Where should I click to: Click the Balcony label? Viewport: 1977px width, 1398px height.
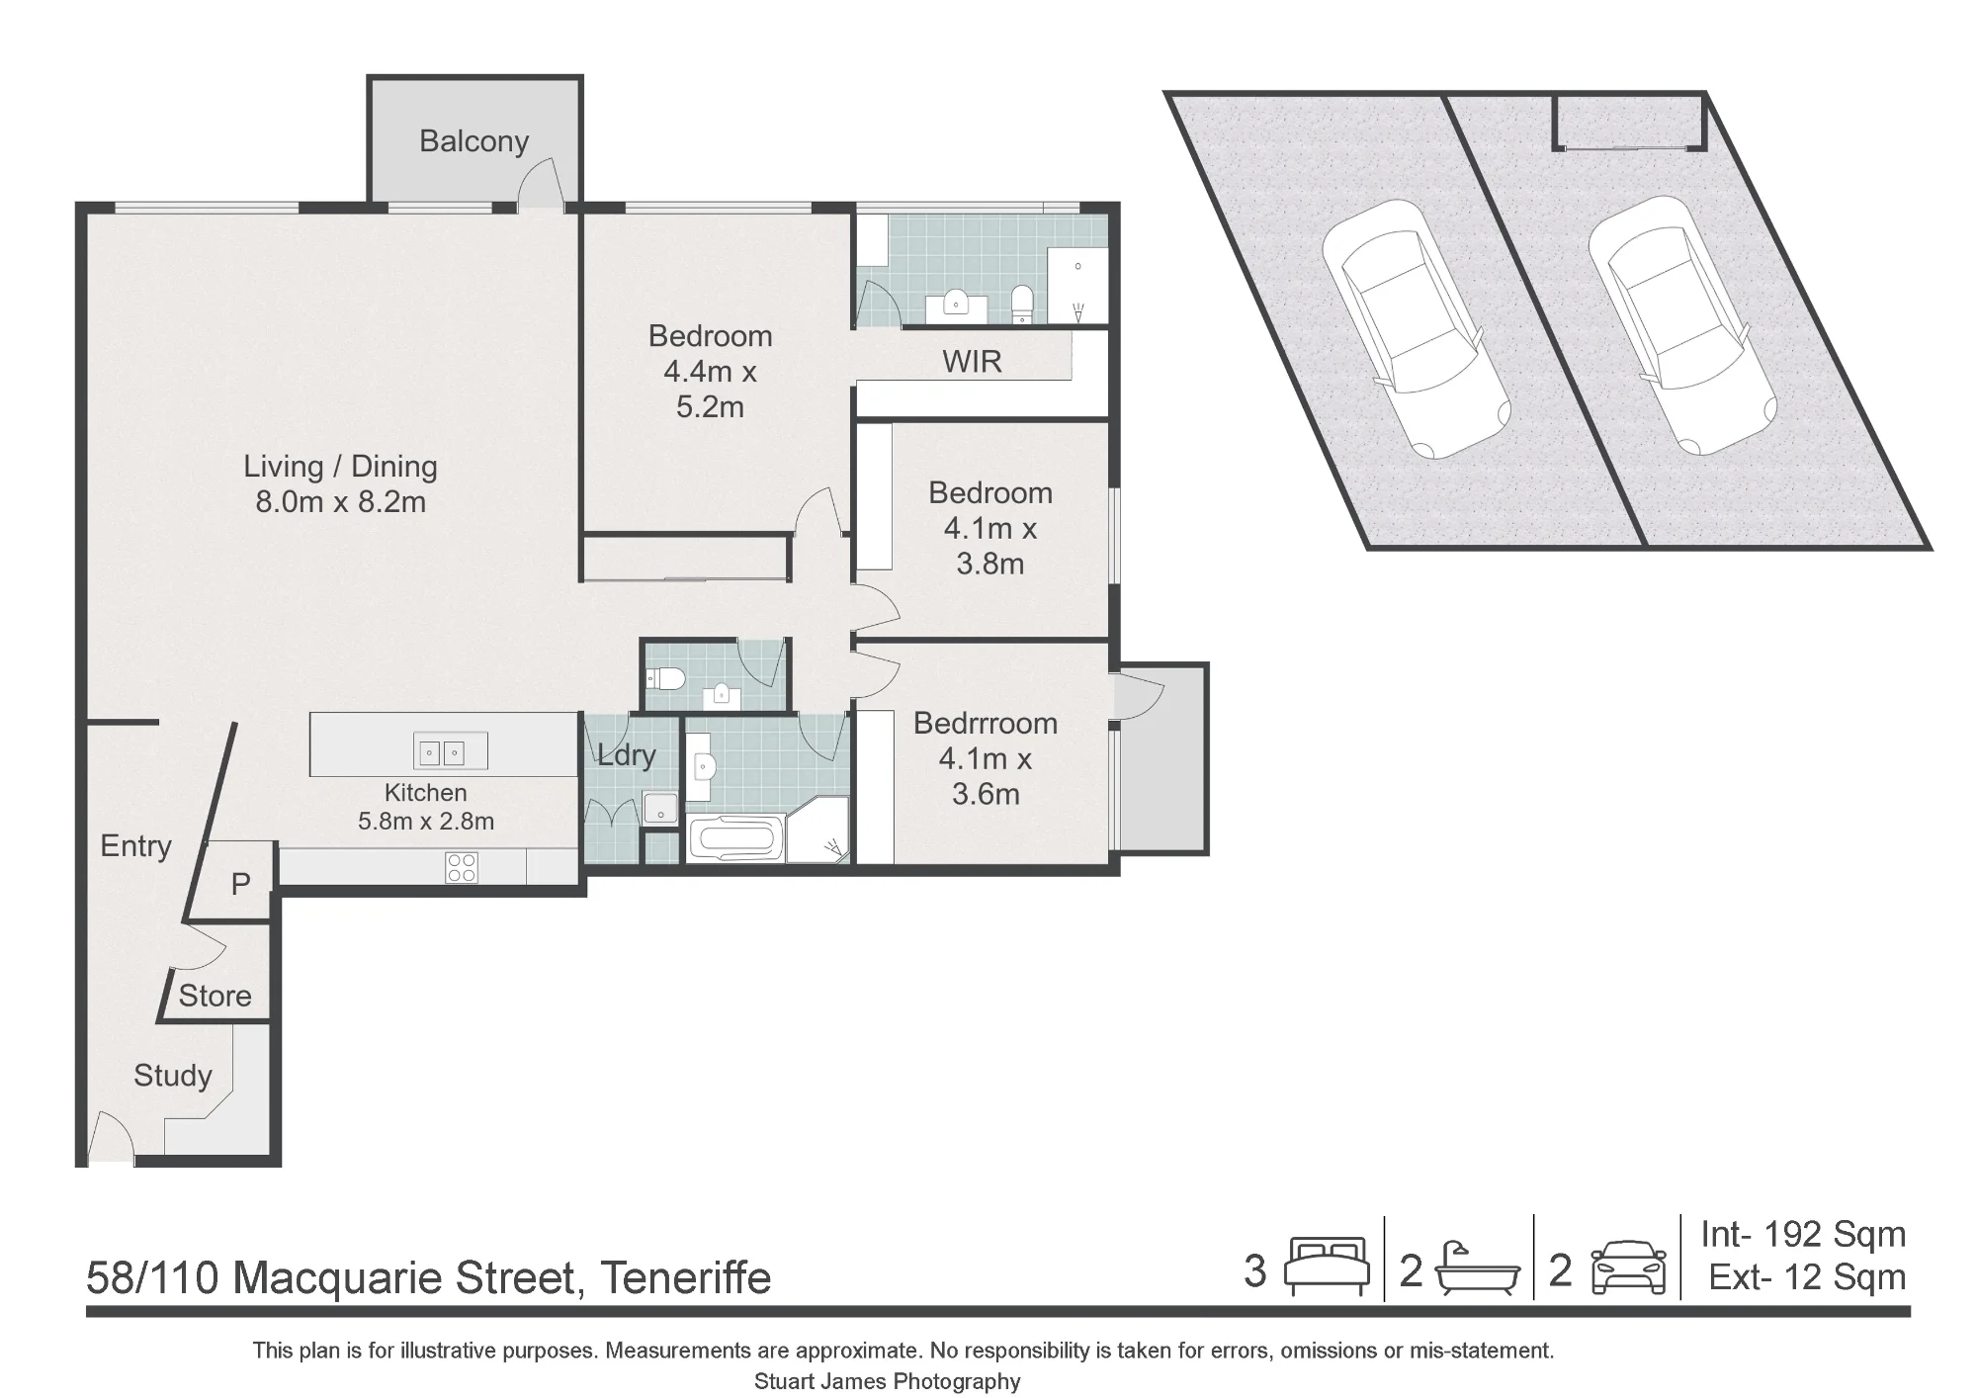click(473, 141)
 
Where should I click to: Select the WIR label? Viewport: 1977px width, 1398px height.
click(972, 362)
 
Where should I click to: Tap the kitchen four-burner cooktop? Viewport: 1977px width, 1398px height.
click(463, 867)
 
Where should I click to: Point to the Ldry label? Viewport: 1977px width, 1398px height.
click(627, 755)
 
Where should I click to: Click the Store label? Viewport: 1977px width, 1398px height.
click(215, 996)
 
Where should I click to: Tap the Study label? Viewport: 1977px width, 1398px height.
click(173, 1076)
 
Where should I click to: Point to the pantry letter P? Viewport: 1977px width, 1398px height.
click(240, 884)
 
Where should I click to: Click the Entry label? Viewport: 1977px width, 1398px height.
click(135, 846)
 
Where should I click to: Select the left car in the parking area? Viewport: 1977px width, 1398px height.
click(1416, 329)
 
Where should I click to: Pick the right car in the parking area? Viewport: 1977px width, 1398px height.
click(1682, 325)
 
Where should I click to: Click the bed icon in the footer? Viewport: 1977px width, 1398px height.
click(1327, 1267)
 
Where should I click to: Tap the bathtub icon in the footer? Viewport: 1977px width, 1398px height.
click(1477, 1268)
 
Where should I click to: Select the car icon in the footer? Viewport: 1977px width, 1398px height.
click(1629, 1267)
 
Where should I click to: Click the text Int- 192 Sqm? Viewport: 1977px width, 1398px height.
click(1803, 1235)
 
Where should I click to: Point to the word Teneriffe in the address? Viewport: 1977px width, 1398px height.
click(685, 1277)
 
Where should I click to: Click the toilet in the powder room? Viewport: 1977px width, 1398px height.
click(666, 678)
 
